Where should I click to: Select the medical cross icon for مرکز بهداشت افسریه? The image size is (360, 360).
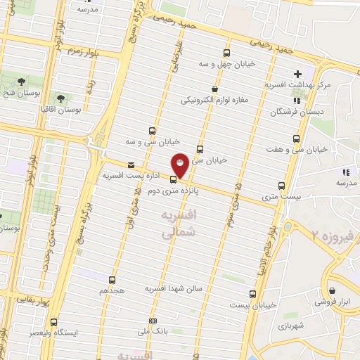point(298,74)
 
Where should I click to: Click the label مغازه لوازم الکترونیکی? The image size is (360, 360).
point(215,101)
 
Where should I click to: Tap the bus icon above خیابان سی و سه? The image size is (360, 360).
point(152,131)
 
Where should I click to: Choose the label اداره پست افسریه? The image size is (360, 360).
point(133,174)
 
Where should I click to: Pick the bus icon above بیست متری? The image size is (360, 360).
point(281,186)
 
